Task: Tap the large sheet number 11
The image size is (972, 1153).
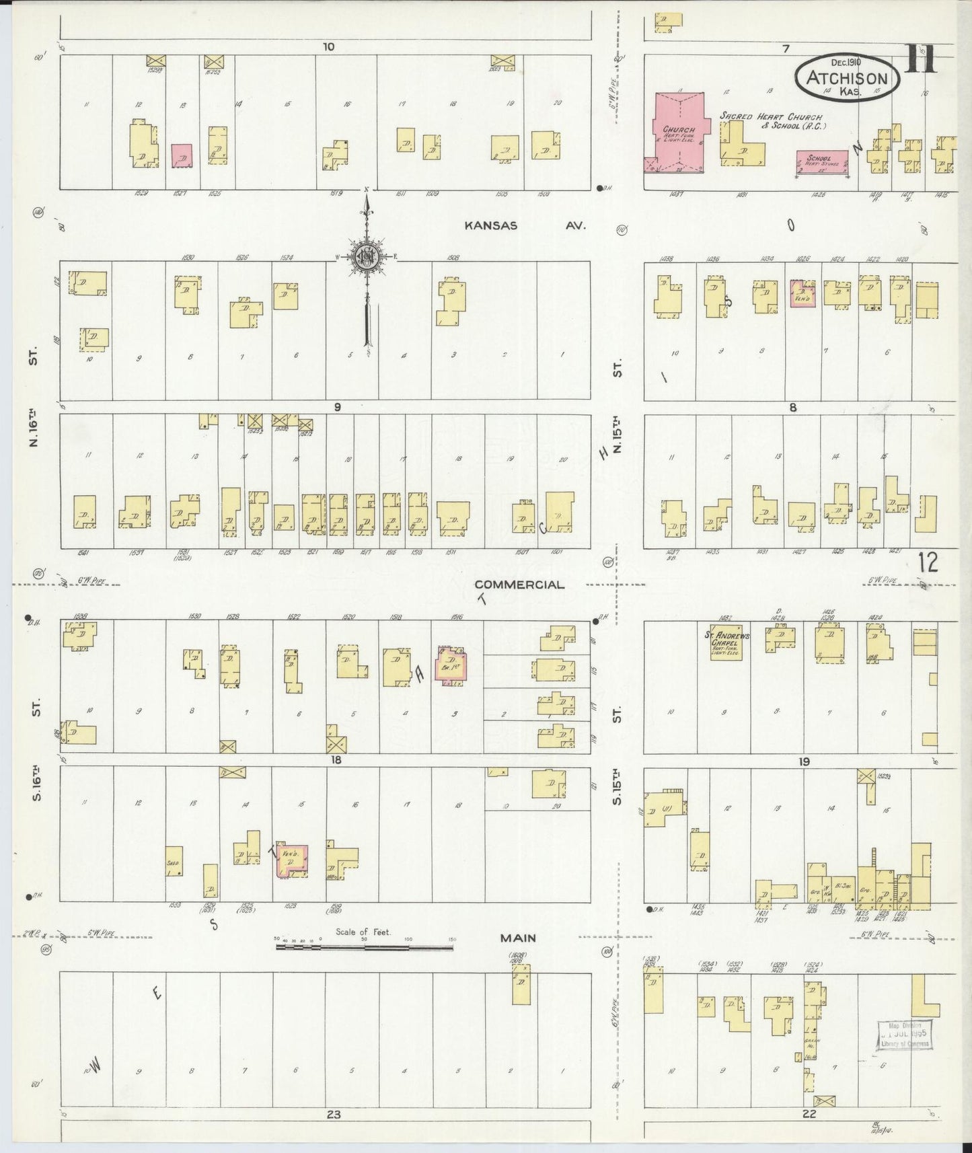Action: pos(920,59)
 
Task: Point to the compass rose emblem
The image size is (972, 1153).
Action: pos(367,256)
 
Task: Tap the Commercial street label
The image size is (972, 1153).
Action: pos(519,585)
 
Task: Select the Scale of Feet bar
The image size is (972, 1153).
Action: pos(364,948)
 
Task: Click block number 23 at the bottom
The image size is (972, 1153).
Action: pos(334,1114)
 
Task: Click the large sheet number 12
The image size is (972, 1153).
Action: pos(927,561)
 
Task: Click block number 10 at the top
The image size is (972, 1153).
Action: pos(328,47)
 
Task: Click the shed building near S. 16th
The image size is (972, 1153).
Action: pos(174,861)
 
